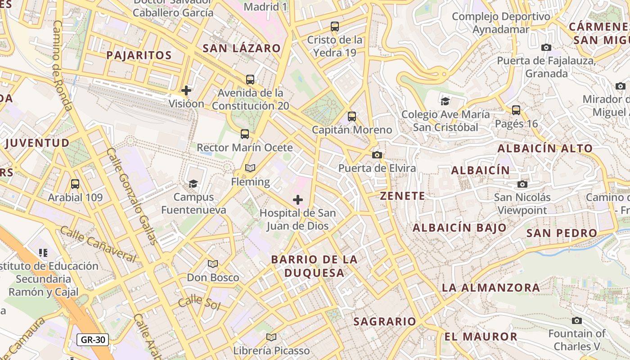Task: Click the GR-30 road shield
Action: pyautogui.click(x=93, y=340)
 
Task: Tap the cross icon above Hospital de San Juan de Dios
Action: pyautogui.click(x=298, y=200)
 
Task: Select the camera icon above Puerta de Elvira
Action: pyautogui.click(x=377, y=155)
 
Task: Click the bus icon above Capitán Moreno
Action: pyautogui.click(x=352, y=117)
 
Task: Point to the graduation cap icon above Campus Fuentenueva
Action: pyautogui.click(x=193, y=184)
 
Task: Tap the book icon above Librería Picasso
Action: pyautogui.click(x=271, y=337)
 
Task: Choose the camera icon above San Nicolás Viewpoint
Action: pyautogui.click(x=522, y=184)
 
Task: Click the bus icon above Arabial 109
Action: pyautogui.click(x=75, y=184)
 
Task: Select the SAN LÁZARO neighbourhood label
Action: pyautogui.click(x=242, y=48)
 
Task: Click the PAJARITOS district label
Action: pyautogui.click(x=139, y=55)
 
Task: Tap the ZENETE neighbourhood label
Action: pyautogui.click(x=402, y=196)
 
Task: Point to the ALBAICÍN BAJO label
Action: pyautogui.click(x=459, y=228)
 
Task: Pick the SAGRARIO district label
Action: pyautogui.click(x=385, y=321)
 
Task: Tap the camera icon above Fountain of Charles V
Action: pyautogui.click(x=577, y=320)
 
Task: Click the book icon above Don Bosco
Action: pyautogui.click(x=213, y=264)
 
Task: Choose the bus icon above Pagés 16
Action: pyautogui.click(x=516, y=110)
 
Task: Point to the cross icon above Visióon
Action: pyautogui.click(x=186, y=90)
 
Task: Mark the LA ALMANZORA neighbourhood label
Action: pyautogui.click(x=491, y=287)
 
